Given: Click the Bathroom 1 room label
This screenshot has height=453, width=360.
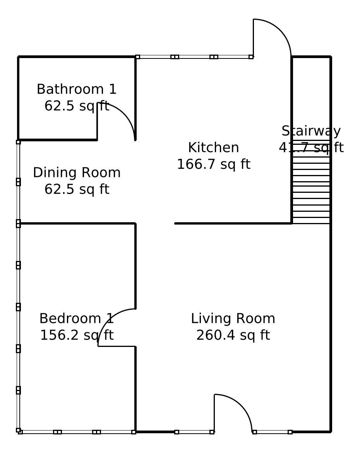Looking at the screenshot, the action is tap(77, 89).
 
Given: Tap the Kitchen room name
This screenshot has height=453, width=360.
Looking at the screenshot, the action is tap(214, 148).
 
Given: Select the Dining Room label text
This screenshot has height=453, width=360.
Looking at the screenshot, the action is tap(77, 172).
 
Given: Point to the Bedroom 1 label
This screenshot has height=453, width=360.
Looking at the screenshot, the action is tap(77, 318).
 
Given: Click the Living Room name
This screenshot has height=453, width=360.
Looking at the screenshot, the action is tap(233, 318).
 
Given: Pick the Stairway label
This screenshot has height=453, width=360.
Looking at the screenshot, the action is tap(311, 131).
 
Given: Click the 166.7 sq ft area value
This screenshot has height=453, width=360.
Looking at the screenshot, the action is tap(214, 164).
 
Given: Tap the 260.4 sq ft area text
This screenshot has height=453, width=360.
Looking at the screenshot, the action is tap(233, 335).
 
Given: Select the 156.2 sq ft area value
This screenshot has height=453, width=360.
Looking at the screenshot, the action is tap(77, 335).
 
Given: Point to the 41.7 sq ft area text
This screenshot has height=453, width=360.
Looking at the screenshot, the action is tap(311, 148).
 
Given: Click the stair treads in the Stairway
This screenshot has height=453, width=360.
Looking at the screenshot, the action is tap(311, 182).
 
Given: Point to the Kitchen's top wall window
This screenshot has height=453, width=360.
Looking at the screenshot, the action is tap(194, 57).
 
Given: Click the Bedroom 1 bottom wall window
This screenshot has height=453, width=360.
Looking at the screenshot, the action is tap(77, 432).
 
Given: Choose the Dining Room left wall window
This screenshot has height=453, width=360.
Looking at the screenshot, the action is tap(18, 182).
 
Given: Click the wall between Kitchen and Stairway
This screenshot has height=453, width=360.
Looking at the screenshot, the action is tap(291, 140).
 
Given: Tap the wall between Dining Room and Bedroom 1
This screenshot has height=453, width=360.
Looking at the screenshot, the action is tap(77, 223).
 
